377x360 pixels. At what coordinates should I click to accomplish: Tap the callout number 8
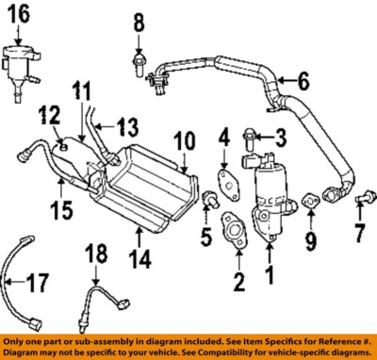[x=139, y=21]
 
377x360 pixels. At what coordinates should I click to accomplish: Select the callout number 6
[x=303, y=82]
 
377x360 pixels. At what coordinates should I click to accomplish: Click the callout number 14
[x=139, y=257]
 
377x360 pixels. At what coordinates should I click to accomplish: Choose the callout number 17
[x=36, y=280]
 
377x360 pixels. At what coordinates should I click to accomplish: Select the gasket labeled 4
[x=223, y=177]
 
